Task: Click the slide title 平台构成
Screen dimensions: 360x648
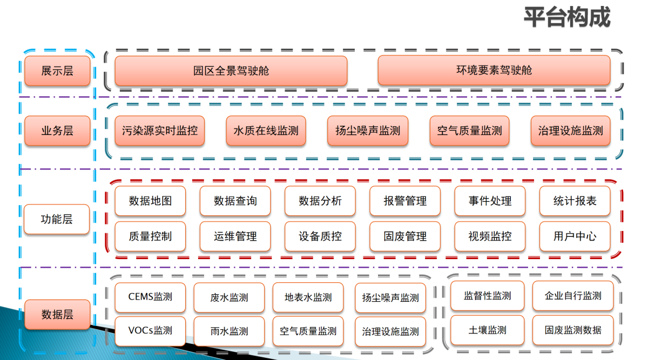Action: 567,17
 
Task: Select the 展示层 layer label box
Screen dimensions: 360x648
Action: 57,71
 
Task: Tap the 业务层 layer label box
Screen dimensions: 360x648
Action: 57,131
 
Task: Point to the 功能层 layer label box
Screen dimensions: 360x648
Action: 57,219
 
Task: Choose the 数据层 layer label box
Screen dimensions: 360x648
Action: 57,314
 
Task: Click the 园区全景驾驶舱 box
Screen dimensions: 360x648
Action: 231,71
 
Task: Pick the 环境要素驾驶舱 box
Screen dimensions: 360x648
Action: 494,70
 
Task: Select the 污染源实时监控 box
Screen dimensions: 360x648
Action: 160,131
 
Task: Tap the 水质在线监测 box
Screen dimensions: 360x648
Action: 266,131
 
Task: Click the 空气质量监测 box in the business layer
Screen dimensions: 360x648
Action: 469,131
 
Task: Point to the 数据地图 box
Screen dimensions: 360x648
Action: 150,201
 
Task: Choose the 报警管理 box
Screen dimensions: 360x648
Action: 405,201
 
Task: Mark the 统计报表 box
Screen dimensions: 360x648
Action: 575,201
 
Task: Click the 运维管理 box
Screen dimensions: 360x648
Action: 235,236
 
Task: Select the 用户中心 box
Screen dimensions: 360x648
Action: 575,236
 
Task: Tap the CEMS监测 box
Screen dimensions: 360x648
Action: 150,297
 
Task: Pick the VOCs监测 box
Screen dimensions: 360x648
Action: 150,331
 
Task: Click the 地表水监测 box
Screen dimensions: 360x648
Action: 308,297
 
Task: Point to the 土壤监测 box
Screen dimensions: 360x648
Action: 487,330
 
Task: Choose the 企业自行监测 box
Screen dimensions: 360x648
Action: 573,296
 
